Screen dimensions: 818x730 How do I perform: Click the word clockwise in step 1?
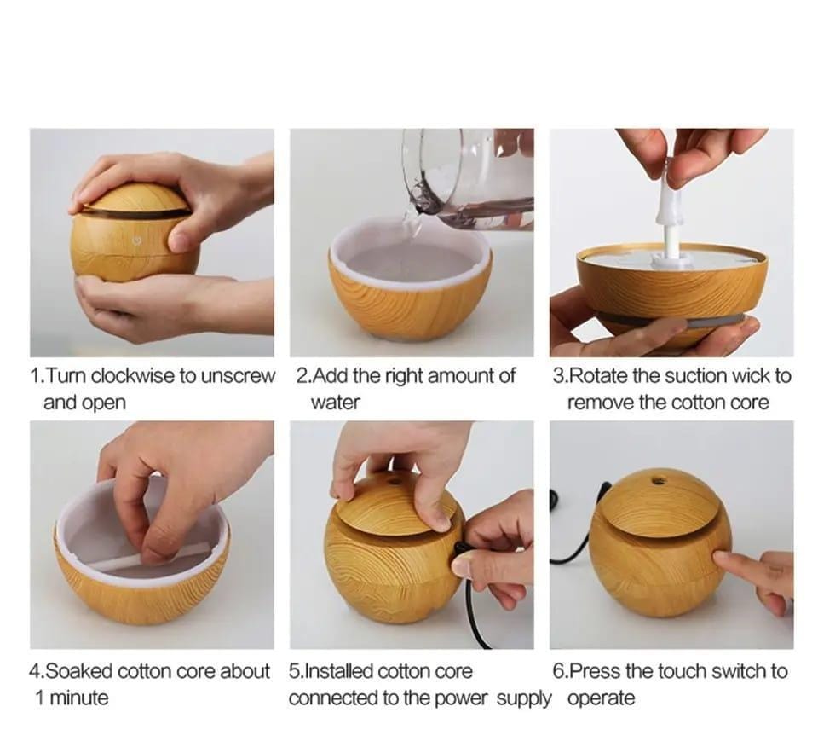pos(133,376)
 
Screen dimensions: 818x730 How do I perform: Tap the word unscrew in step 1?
pos(238,376)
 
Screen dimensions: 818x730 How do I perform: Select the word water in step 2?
pos(336,403)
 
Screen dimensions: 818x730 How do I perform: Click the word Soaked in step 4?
pos(78,671)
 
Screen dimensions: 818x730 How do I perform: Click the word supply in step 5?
pos(523,699)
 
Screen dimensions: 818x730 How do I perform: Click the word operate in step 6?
pos(601,699)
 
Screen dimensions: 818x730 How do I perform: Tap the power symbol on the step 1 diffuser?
pos(137,240)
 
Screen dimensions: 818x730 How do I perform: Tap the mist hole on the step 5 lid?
pos(394,478)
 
